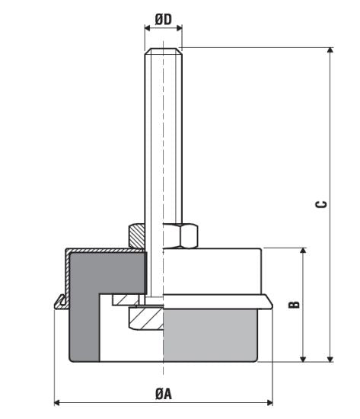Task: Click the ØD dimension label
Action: [163, 16]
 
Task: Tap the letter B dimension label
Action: [295, 304]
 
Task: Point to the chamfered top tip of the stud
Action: [163, 52]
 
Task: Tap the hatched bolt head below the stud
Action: [145, 318]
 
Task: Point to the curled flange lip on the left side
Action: [59, 302]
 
